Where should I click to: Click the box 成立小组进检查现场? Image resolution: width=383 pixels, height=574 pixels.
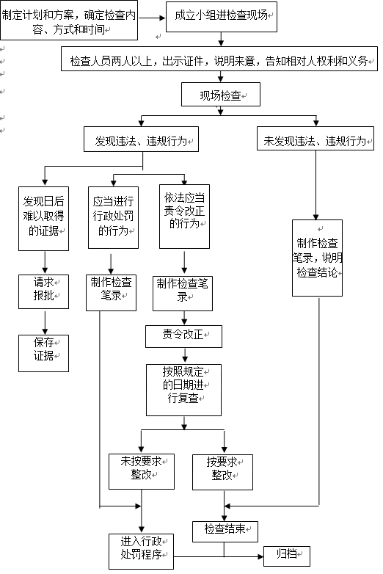click(222, 17)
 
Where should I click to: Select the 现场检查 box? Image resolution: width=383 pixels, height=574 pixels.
click(221, 95)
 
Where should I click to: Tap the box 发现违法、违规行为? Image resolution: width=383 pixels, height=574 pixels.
click(141, 139)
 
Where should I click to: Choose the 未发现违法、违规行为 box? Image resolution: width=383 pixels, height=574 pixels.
click(315, 139)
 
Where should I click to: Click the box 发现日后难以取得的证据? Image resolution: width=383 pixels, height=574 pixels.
click(43, 219)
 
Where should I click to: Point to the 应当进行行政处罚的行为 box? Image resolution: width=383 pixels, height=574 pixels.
click(114, 217)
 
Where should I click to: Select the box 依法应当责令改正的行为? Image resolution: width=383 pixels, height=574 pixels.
click(184, 217)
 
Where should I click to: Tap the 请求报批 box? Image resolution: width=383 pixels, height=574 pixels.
click(43, 291)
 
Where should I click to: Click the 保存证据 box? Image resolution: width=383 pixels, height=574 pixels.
click(43, 353)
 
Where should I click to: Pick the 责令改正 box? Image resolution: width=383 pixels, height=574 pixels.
click(183, 336)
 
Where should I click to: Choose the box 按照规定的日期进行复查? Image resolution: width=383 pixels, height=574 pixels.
click(183, 390)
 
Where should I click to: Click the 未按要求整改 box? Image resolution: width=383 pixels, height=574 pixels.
click(142, 471)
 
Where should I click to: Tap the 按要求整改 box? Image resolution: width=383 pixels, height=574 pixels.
click(222, 472)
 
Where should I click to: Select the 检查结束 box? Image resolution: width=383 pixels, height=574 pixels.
click(225, 531)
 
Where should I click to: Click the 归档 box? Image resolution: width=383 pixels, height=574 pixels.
click(287, 556)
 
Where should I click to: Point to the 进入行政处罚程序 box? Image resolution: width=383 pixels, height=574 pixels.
click(141, 551)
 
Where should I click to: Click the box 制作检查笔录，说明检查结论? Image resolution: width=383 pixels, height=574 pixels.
click(317, 258)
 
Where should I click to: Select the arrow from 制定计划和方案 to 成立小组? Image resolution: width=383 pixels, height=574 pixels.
click(152, 18)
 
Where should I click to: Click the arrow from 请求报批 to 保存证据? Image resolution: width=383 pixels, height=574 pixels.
click(45, 323)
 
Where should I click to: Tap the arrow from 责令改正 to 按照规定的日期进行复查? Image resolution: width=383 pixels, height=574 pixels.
click(185, 356)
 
